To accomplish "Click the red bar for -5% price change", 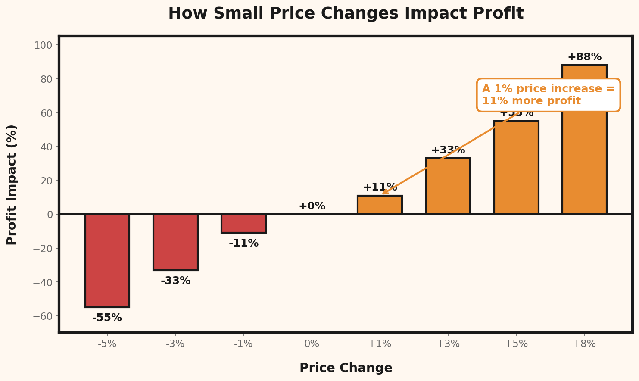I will point(107,260).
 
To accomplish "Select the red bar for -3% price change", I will point(175,242).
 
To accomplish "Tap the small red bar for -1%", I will point(243,223).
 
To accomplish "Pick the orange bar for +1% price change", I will point(380,205).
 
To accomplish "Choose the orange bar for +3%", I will point(448,186).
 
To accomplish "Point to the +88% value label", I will point(584,57).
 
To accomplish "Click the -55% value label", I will point(107,318).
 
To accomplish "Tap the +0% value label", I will point(312,206).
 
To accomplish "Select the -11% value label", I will point(243,243).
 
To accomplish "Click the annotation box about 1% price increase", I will point(548,95).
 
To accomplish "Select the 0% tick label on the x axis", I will point(312,344).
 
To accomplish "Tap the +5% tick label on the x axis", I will point(516,344).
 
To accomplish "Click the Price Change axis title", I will point(346,368).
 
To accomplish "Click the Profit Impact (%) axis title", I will point(12,184).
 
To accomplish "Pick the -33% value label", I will point(175,281).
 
